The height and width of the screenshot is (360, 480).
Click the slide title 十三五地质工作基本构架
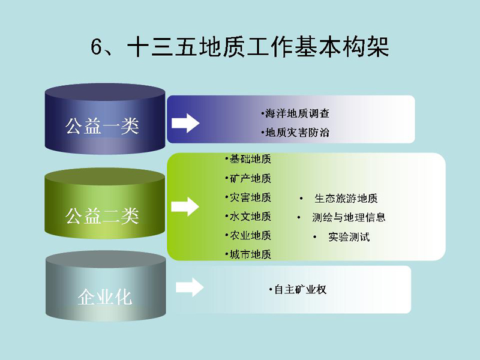pyautogui.click(x=258, y=47)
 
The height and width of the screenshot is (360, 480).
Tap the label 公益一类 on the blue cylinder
pyautogui.click(x=102, y=126)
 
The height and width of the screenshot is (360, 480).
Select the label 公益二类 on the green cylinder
pyautogui.click(x=102, y=215)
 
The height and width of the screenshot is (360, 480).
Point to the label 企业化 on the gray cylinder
pyautogui.click(x=104, y=297)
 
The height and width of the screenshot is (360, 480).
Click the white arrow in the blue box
pyautogui.click(x=185, y=123)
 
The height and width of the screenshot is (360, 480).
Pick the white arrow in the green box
pyautogui.click(x=185, y=206)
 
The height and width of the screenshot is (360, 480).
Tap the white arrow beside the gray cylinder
pyautogui.click(x=190, y=287)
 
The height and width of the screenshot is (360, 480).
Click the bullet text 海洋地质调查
pyautogui.click(x=297, y=113)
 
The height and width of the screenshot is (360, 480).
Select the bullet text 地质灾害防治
pyautogui.click(x=297, y=133)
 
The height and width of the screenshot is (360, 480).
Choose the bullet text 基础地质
pyautogui.click(x=250, y=159)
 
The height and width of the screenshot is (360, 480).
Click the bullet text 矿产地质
pyautogui.click(x=250, y=178)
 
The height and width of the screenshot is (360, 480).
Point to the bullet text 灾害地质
pyautogui.click(x=250, y=197)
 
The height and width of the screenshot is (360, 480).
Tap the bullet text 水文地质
pyautogui.click(x=250, y=217)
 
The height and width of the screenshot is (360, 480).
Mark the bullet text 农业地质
pyautogui.click(x=250, y=235)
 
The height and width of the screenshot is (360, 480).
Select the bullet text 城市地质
pyautogui.click(x=250, y=254)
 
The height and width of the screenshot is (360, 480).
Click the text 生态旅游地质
pyautogui.click(x=346, y=199)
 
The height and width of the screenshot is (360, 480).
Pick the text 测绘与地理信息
pyautogui.click(x=349, y=217)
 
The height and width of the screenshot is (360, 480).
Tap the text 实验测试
pyautogui.click(x=349, y=236)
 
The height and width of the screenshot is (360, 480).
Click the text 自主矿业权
pyautogui.click(x=301, y=289)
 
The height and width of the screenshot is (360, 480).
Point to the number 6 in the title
pyautogui.click(x=96, y=47)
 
